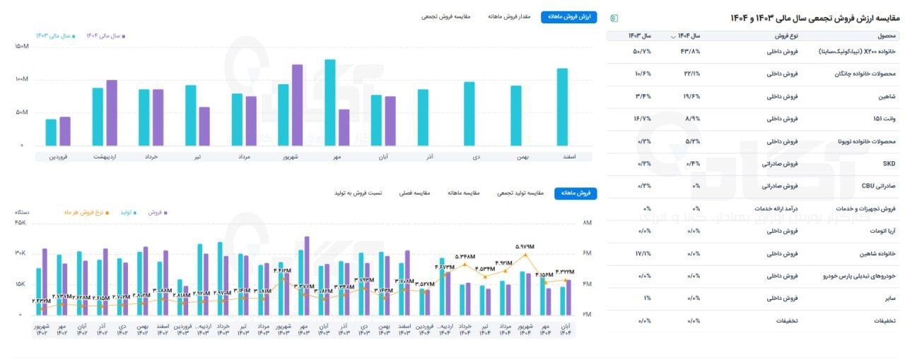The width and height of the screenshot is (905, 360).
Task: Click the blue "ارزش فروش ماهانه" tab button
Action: (568, 16)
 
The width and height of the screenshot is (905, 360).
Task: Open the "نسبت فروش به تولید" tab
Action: (358, 193)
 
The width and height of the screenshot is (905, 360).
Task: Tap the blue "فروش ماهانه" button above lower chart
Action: (575, 193)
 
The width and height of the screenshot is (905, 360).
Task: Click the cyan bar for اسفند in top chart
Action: (562, 107)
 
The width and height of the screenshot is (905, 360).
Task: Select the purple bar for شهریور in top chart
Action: (297, 105)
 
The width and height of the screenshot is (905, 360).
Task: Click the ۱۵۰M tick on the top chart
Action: (21, 47)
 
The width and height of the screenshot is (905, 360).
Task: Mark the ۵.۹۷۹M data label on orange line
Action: (525, 247)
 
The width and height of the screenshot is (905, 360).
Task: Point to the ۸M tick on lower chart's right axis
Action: (586, 223)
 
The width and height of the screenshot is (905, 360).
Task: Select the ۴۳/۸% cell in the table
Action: (690, 52)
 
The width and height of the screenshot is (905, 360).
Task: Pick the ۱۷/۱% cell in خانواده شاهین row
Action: (643, 253)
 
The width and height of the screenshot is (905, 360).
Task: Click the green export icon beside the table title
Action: (614, 17)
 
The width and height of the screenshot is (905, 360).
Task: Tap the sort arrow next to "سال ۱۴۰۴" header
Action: (674, 36)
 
